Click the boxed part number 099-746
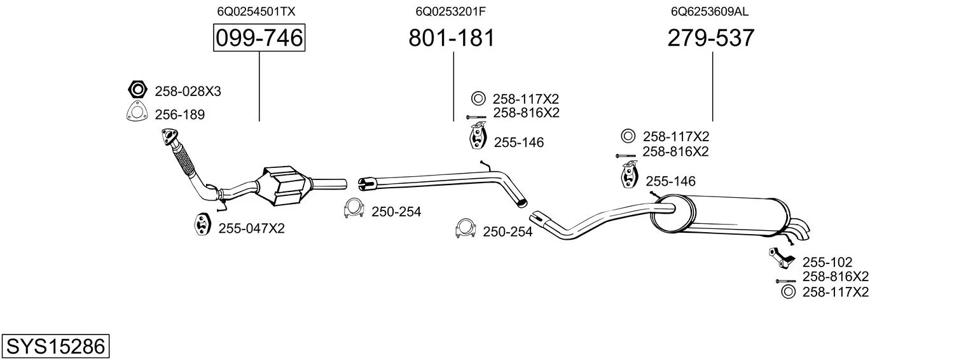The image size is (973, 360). coord(259,38)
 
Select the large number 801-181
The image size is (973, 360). coord(451,38)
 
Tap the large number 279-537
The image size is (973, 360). coord(710,38)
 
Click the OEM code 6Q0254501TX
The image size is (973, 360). coord(256,11)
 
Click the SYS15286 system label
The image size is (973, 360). coord(55,347)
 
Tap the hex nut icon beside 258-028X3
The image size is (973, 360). coord(137,90)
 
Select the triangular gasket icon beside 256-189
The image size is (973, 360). coord(136,113)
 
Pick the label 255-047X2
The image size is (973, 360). coord(251,228)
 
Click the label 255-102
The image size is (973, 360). coord(827,262)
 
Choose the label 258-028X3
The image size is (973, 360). coord(188,92)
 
